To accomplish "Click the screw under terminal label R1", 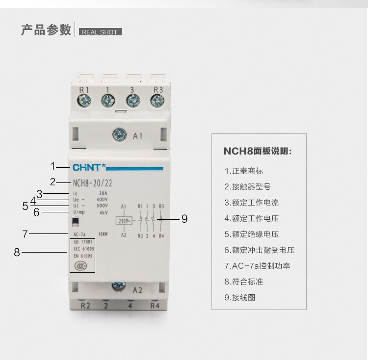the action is click(x=84, y=101).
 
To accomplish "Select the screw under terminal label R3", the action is click(x=158, y=101).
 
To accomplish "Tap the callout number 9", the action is click(x=184, y=219).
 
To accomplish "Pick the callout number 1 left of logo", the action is click(x=53, y=166).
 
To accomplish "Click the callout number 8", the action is click(x=17, y=253).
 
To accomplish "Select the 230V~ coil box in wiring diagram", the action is click(x=124, y=221).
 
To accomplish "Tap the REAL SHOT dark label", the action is click(x=100, y=32).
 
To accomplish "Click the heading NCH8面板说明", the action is click(x=258, y=151).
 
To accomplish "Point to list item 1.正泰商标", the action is click(x=244, y=171).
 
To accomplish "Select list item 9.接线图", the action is click(x=240, y=297).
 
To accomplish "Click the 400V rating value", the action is click(x=102, y=200).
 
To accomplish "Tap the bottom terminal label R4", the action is click(x=155, y=307).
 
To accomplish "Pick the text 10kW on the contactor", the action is click(x=103, y=233).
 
